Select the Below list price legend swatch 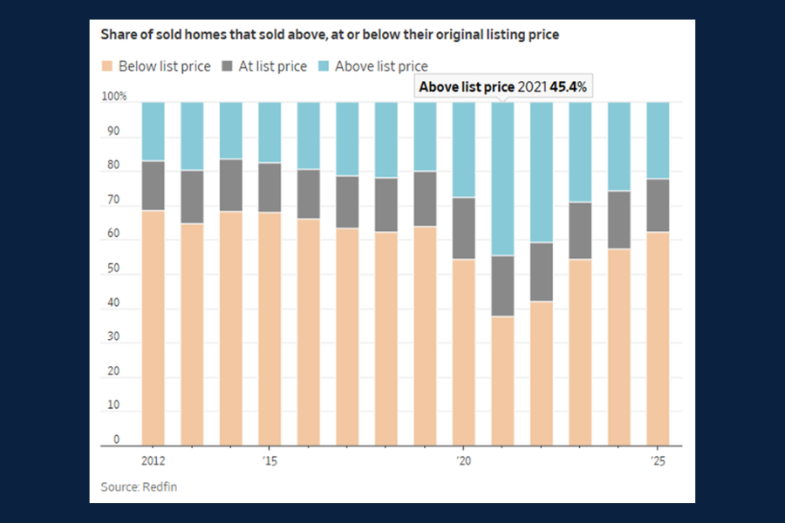(x=107, y=66)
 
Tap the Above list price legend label (x=381, y=66)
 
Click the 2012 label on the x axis (x=153, y=460)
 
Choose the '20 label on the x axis (x=462, y=460)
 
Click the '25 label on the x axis (x=657, y=460)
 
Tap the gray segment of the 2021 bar (x=502, y=286)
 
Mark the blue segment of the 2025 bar (x=658, y=140)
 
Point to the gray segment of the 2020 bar (x=463, y=228)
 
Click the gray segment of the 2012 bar (x=154, y=186)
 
